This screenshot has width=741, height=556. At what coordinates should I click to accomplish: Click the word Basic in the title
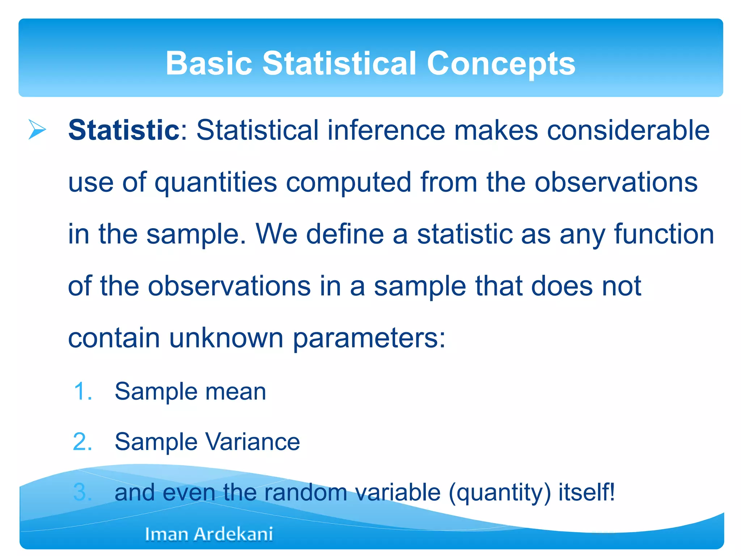tap(209, 63)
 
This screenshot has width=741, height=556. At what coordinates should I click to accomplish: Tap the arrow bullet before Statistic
tap(37, 130)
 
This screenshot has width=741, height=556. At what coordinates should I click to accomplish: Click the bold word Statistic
tap(124, 130)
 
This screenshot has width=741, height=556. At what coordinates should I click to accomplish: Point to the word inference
tap(386, 130)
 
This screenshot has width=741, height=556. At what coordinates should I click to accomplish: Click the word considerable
tap(628, 130)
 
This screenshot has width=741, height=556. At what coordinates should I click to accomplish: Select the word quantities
tap(216, 182)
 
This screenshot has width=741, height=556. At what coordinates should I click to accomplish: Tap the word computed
tap(348, 182)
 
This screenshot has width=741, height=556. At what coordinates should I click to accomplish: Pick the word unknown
tap(226, 338)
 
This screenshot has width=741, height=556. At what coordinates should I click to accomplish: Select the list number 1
tap(83, 391)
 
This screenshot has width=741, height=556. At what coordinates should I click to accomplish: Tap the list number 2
tap(83, 442)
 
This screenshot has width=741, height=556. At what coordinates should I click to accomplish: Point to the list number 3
tap(83, 493)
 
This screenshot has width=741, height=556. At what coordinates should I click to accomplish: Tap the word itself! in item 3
tap(586, 493)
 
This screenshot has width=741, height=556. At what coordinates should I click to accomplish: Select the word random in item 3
tap(306, 493)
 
